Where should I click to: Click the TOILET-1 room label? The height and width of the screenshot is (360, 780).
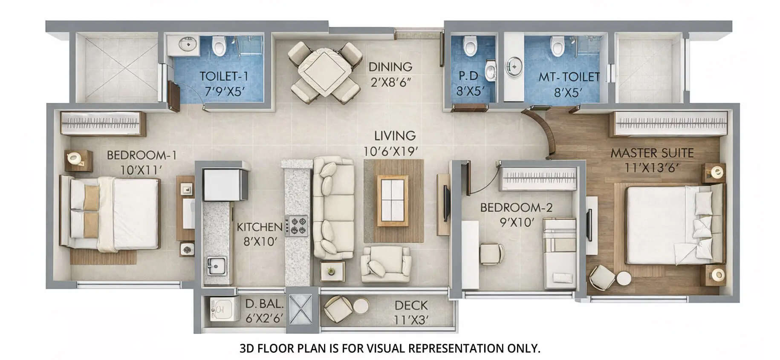[224, 77]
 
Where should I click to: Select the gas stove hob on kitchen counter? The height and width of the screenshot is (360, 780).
[297, 226]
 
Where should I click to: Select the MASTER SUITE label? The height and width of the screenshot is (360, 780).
[652, 153]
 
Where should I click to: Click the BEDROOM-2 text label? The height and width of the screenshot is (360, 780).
[516, 207]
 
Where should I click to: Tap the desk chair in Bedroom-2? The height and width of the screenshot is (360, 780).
[491, 253]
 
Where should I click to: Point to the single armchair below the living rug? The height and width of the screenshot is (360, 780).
[386, 263]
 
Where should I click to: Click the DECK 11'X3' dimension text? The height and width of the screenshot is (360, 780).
[411, 320]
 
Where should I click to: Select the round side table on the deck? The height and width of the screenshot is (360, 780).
[361, 306]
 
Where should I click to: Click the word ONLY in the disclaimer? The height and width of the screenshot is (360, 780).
[523, 348]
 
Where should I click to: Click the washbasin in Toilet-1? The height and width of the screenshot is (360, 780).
[186, 43]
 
